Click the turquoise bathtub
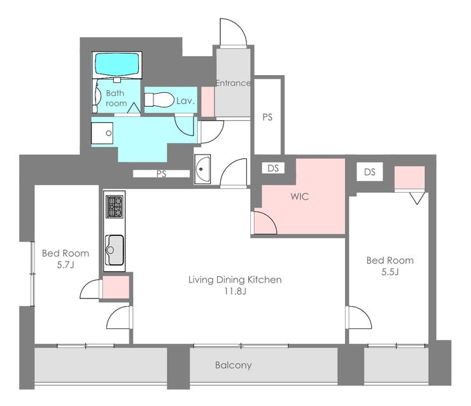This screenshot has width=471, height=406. point(118,64)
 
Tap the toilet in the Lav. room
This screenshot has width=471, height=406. point(159,99)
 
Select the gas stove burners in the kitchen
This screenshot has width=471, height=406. point(115,207)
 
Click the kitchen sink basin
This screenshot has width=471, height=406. point(115,250)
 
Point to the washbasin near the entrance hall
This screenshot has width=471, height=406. point(202,169)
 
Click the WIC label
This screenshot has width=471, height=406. point(300,197)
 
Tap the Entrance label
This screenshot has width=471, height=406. point(233,83)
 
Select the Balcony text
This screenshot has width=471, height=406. point(234,365)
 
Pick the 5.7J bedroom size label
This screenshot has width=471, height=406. point(66,265)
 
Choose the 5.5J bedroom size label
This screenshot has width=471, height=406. point(390,272)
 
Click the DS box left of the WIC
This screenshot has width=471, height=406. point(273,168)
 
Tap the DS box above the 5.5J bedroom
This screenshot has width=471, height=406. point(370,172)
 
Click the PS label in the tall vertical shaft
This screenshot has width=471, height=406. point(267,117)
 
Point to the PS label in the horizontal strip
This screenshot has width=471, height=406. point(161,174)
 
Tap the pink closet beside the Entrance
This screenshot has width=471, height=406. point(207,102)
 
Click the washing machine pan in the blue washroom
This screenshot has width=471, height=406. point(102,133)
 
